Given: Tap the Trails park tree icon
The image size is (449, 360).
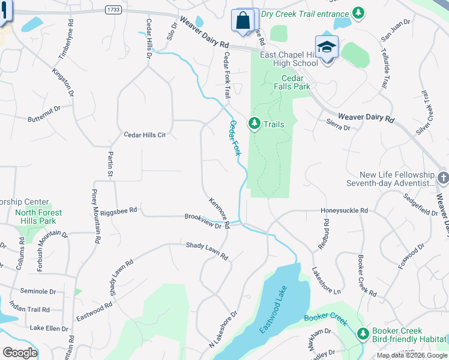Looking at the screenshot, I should [x=255, y=124].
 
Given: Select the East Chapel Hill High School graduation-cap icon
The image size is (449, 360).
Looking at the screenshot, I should [x=327, y=47].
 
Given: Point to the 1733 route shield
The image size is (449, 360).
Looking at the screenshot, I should [x=112, y=10].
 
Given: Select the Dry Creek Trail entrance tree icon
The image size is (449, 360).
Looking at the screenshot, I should [x=358, y=13].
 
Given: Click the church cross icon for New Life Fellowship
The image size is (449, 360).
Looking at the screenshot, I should [x=442, y=178].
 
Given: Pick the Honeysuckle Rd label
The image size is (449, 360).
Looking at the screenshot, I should [x=344, y=211].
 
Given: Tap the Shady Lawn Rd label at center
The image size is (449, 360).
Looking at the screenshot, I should [x=207, y=251].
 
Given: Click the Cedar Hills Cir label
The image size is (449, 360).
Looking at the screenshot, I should [x=144, y=135].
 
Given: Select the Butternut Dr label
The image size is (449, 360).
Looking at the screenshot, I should [x=44, y=115].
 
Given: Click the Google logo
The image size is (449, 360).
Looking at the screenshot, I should [x=20, y=353].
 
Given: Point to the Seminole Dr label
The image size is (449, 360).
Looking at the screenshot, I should [x=37, y=291].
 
